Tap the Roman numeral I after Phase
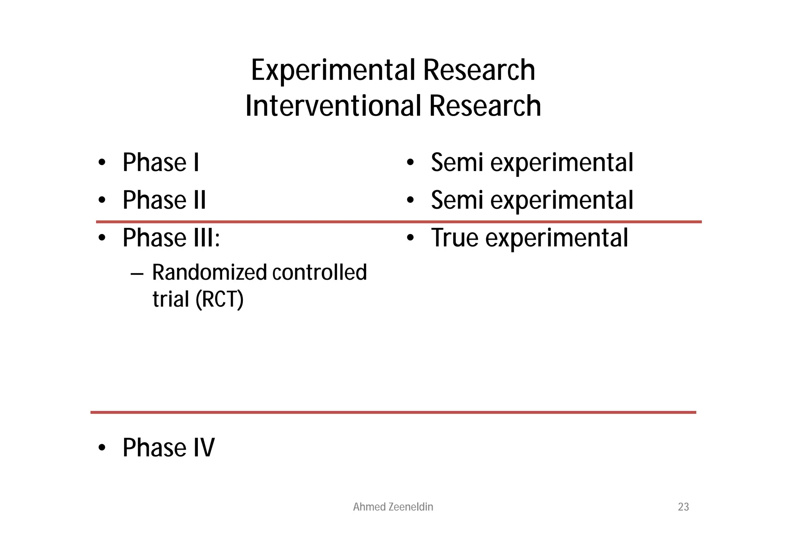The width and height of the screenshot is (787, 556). [x=196, y=162]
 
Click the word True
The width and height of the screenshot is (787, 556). [x=455, y=237]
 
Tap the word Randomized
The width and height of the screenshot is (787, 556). [x=209, y=272]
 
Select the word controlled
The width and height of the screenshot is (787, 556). [x=320, y=272]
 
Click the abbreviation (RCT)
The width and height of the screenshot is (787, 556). [x=219, y=299]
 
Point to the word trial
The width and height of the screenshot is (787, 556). [x=171, y=299]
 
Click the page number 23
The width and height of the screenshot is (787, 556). [x=683, y=507]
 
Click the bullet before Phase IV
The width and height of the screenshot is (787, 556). [x=102, y=448]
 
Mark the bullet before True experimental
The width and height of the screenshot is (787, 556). [x=410, y=238]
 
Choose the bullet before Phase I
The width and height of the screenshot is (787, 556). [x=102, y=163]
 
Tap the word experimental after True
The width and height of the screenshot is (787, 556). [x=557, y=238]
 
